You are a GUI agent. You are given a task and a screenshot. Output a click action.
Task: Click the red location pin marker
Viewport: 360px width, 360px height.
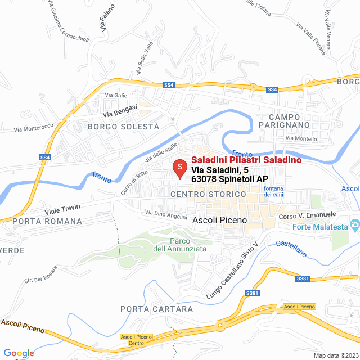tap(179, 168)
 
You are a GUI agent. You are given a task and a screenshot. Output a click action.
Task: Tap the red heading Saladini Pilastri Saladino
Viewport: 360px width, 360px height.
tap(246, 160)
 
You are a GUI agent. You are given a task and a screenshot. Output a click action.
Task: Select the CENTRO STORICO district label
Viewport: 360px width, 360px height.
tap(208, 194)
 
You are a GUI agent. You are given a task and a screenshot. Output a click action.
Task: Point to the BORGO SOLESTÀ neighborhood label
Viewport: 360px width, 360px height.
tap(124, 127)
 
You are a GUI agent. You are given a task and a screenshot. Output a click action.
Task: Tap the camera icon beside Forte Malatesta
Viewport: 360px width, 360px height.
tap(354, 227)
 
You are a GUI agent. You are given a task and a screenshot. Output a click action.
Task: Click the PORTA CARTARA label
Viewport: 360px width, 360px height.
tap(156, 309)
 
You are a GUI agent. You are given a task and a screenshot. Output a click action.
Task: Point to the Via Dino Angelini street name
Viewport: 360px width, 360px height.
tap(166, 214)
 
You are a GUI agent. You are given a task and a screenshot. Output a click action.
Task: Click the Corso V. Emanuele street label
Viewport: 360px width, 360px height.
tap(307, 214)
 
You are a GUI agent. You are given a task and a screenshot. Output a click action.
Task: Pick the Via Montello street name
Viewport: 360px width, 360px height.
tap(301, 138)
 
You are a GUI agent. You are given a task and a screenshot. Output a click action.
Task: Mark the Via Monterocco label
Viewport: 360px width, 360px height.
tap(33, 128)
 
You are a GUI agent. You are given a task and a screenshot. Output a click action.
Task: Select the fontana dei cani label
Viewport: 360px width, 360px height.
tap(273, 191)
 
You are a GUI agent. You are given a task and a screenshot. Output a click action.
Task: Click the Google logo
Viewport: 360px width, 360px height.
tap(19, 353)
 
